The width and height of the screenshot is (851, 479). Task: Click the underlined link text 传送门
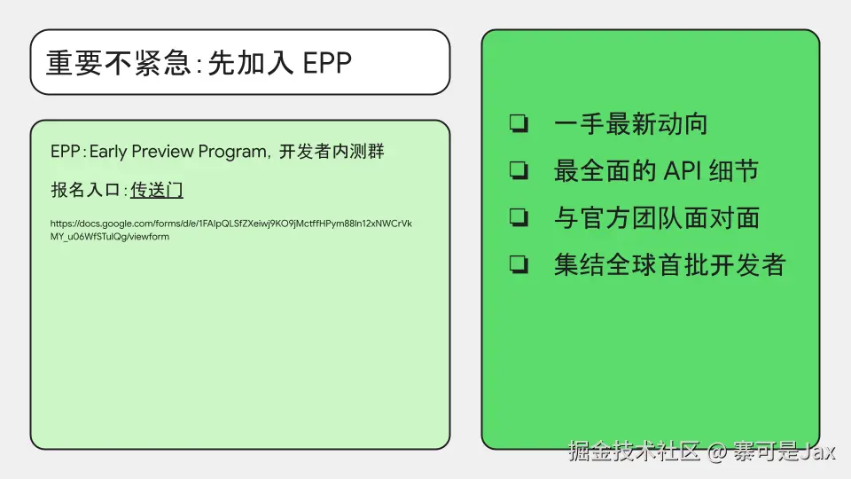point(156,190)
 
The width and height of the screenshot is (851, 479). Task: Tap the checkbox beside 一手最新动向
point(519,123)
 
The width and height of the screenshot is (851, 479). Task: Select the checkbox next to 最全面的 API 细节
point(519,170)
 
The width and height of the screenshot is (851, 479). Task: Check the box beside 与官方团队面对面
point(519,217)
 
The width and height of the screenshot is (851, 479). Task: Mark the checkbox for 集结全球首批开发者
point(519,264)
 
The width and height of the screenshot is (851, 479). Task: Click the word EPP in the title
point(327,63)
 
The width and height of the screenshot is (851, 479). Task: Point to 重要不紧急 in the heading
point(118,63)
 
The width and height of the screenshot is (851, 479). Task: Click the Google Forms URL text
point(231,230)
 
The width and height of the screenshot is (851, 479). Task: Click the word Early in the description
point(108,152)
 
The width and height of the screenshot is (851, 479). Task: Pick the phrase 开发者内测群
point(331,151)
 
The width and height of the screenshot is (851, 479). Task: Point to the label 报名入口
point(85,190)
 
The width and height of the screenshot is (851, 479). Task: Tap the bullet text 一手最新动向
point(630,124)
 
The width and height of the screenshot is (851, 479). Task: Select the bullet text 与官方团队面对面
point(657,218)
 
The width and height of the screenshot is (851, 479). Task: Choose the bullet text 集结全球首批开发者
point(670,265)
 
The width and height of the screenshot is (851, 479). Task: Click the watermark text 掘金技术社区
point(634,452)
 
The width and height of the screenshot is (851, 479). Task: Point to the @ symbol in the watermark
point(716,452)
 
